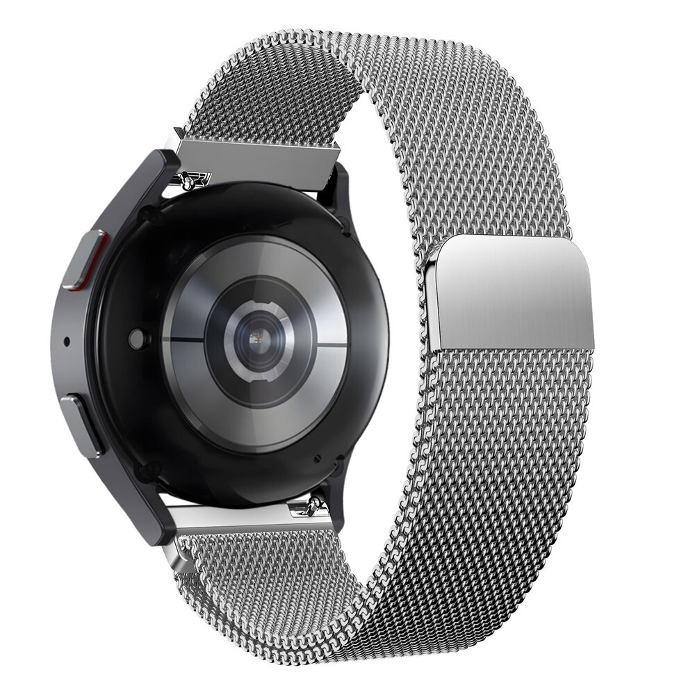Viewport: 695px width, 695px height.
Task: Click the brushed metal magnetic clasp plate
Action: click(x=511, y=292)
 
